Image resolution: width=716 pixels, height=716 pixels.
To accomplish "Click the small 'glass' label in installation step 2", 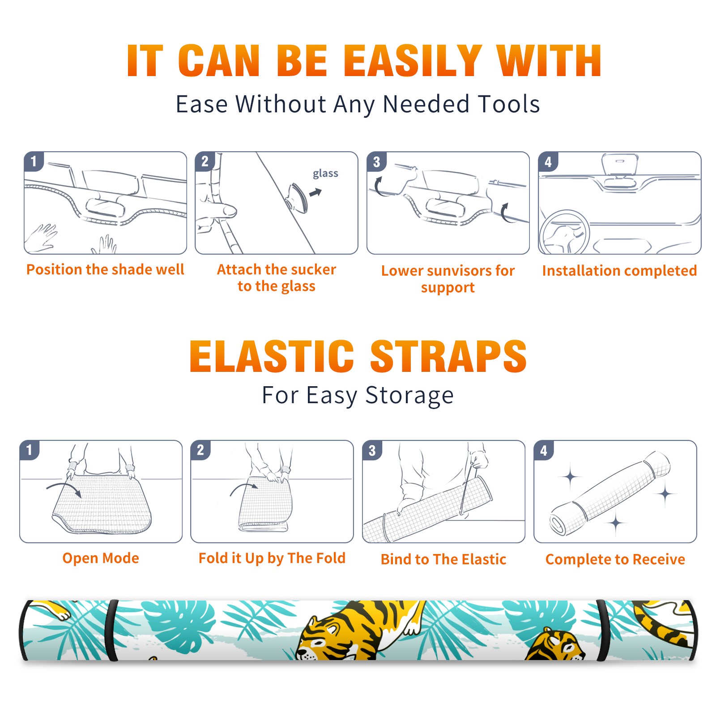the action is coord(325,174).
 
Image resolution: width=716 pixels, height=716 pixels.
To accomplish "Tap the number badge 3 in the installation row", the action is coord(376,162).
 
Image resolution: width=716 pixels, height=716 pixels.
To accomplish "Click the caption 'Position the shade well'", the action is coord(105,269).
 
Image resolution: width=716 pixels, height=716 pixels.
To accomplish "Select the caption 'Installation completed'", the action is coord(619,271).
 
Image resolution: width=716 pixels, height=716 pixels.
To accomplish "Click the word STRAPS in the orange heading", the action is coord(448,356).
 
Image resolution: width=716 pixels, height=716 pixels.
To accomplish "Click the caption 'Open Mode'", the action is coord(101,558).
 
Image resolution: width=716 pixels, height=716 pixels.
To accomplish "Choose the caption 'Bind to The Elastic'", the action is coord(443,559).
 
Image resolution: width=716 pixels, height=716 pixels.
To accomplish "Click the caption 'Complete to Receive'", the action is coord(615,559).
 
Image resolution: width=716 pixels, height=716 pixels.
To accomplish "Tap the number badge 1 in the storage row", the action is coord(30,450).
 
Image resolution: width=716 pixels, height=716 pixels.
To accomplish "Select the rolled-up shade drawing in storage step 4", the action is coord(610,493).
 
